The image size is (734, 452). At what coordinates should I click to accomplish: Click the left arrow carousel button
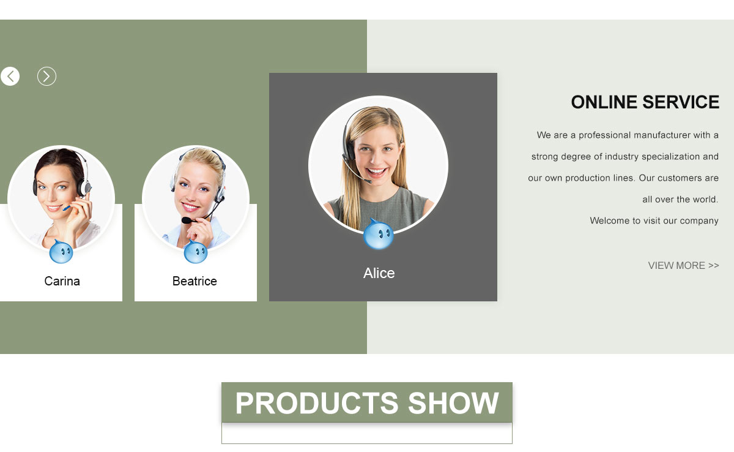pyautogui.click(x=10, y=77)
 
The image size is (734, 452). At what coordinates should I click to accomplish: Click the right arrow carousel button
pyautogui.click(x=46, y=77)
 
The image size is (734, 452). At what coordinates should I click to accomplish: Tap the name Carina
pyautogui.click(x=62, y=281)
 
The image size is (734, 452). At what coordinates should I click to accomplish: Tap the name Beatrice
pyautogui.click(x=195, y=281)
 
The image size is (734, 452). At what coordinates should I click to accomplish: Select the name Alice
pyautogui.click(x=379, y=273)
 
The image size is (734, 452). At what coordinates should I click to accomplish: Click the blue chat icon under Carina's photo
pyautogui.click(x=61, y=252)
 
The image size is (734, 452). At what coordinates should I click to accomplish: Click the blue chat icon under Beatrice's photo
pyautogui.click(x=196, y=252)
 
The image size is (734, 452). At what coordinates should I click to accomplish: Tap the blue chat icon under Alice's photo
pyautogui.click(x=378, y=234)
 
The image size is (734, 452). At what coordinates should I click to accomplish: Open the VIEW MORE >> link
pyautogui.click(x=684, y=265)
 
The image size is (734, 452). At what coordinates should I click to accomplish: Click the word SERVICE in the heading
pyautogui.click(x=681, y=102)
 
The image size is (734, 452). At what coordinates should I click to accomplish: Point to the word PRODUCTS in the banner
pyautogui.click(x=317, y=403)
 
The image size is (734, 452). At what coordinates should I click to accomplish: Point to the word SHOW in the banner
pyautogui.click(x=453, y=403)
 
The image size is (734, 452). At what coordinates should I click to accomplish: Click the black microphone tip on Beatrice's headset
pyautogui.click(x=186, y=220)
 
